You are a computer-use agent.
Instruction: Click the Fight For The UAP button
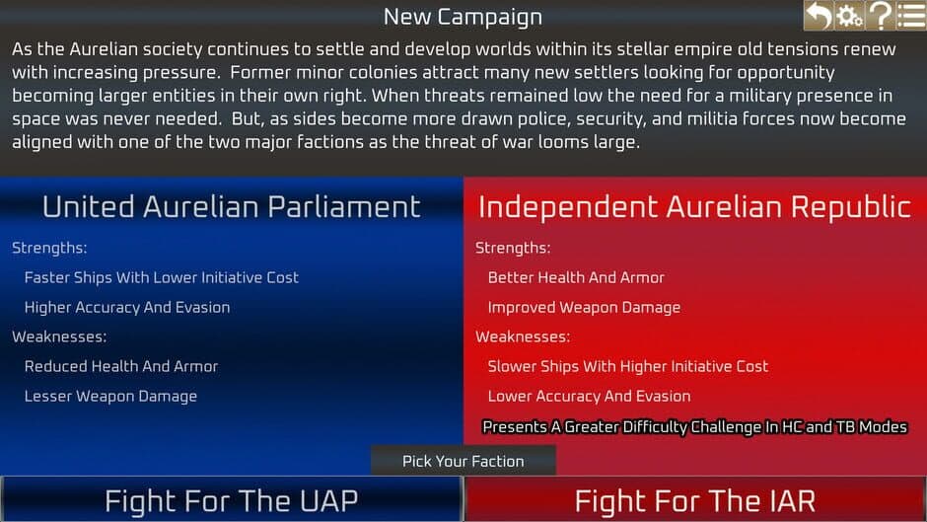[x=231, y=500]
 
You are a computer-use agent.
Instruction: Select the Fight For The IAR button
[x=695, y=500]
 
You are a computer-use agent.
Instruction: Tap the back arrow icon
[x=818, y=16]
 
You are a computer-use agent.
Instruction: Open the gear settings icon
[x=848, y=16]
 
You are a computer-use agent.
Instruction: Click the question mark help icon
[x=880, y=16]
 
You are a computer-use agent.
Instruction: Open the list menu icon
[x=910, y=16]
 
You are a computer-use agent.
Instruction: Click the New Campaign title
[x=463, y=17]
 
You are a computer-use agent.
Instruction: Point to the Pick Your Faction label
[x=463, y=461]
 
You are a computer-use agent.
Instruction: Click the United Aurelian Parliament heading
[x=231, y=206]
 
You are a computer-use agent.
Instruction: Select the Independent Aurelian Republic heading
[x=694, y=206]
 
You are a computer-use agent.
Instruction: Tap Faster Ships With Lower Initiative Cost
[x=161, y=277]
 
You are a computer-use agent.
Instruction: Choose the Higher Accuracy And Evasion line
[x=127, y=307]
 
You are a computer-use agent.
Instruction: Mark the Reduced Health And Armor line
[x=121, y=366]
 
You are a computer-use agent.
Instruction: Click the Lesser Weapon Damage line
[x=110, y=396]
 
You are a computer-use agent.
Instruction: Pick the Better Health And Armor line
[x=576, y=277]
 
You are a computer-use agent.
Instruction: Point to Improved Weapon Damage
[x=584, y=307]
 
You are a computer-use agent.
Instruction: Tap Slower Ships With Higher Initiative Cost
[x=627, y=366]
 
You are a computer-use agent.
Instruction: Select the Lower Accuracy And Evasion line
[x=589, y=396]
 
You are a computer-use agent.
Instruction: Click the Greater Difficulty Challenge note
[x=694, y=427]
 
